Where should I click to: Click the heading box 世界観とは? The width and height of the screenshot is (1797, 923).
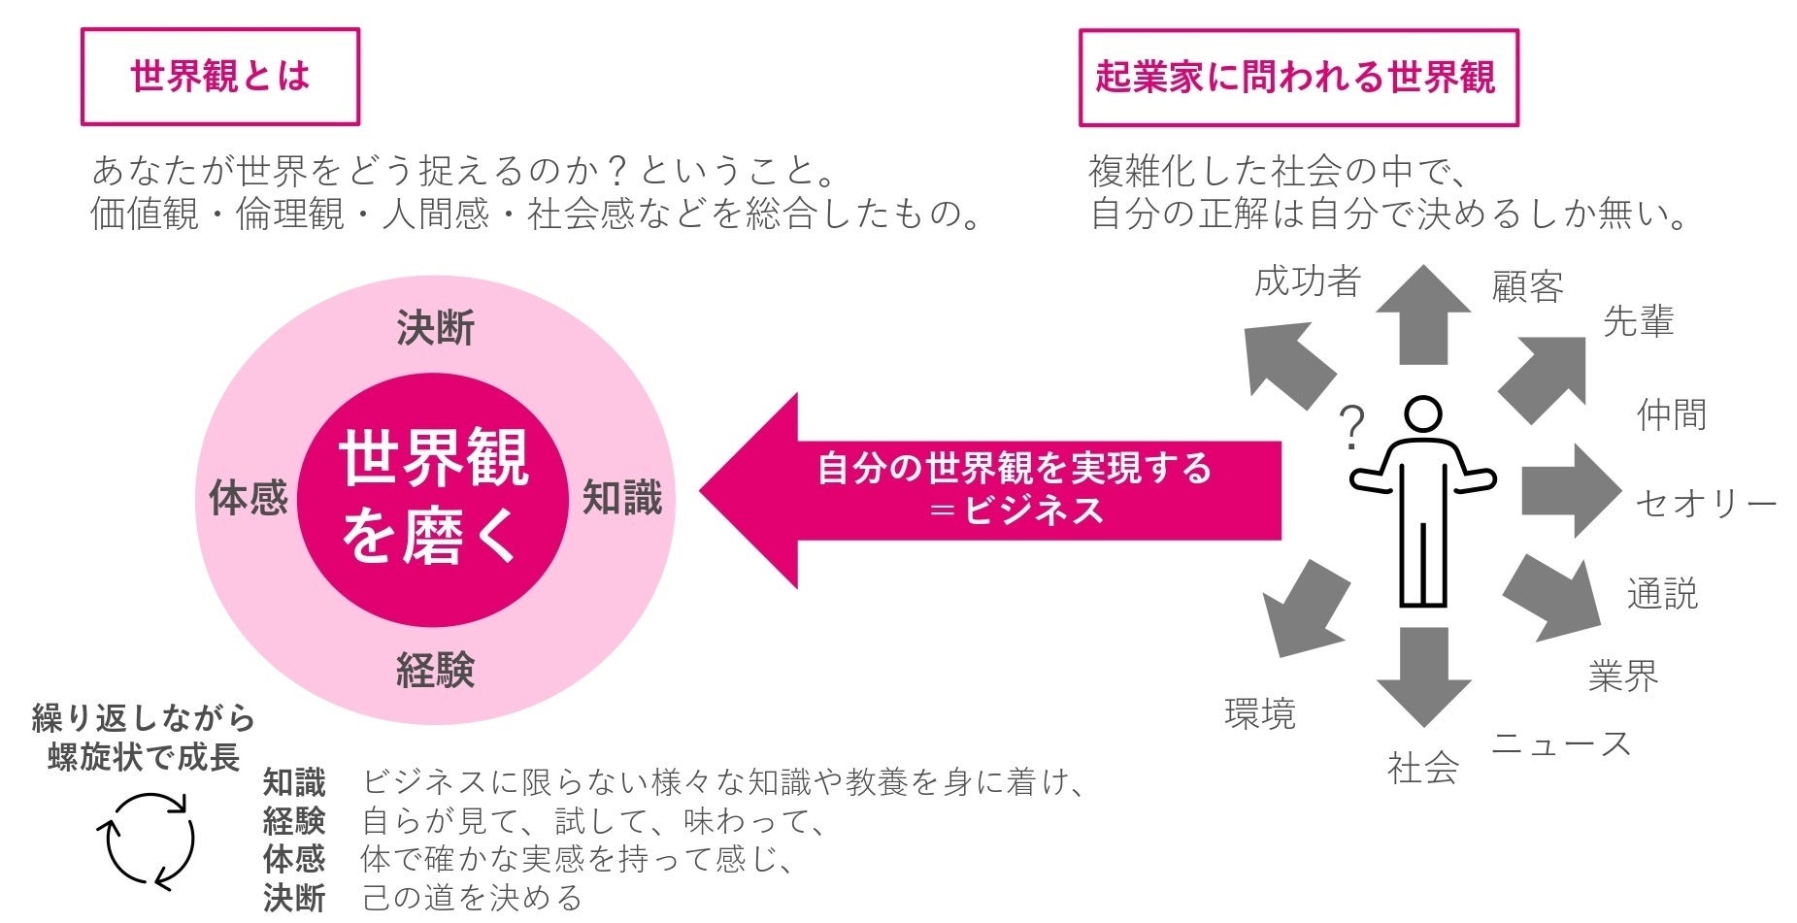tap(219, 77)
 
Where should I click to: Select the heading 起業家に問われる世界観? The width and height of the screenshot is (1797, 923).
tap(1297, 78)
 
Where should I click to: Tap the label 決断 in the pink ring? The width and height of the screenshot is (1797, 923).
tap(435, 329)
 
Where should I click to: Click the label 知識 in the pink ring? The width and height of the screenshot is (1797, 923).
tap(621, 498)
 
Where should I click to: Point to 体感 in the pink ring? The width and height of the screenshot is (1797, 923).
tap(249, 498)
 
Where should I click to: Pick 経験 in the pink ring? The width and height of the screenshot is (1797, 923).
tap(435, 670)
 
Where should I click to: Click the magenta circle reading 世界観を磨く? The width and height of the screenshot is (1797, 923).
tap(433, 498)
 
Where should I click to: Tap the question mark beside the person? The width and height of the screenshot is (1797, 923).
tap(1351, 428)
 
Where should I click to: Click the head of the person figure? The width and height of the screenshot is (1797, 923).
tap(1423, 415)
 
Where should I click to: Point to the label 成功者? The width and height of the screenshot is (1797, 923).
tap(1307, 281)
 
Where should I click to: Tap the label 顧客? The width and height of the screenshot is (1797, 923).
tap(1527, 287)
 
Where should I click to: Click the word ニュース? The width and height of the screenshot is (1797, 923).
tap(1561, 744)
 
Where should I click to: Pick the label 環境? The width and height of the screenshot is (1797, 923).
tap(1260, 714)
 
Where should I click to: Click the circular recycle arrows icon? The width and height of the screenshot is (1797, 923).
tap(147, 841)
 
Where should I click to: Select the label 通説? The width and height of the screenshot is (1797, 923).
tap(1662, 594)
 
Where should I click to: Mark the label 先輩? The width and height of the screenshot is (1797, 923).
tap(1638, 321)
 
